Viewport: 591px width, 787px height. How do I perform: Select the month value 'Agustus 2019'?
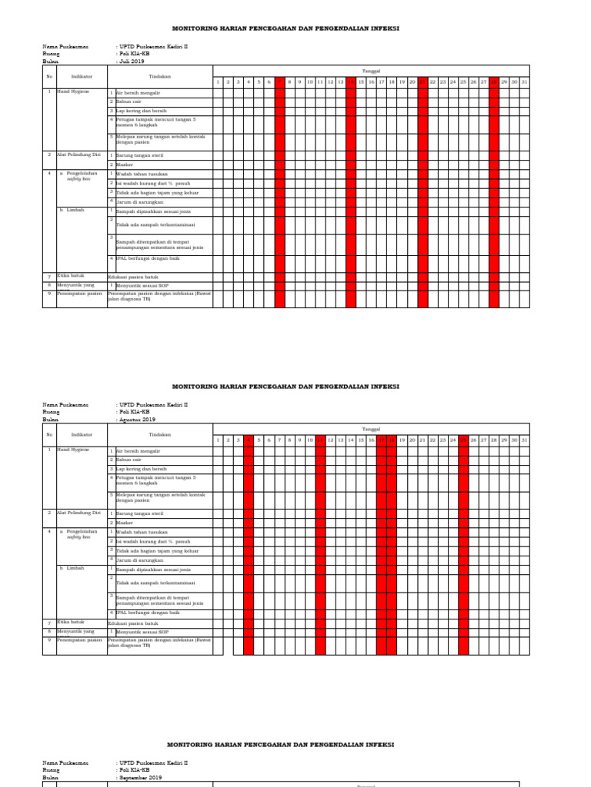pos(137,420)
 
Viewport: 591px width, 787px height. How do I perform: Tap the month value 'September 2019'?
pos(140,777)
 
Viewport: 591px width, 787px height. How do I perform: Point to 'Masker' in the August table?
pos(125,523)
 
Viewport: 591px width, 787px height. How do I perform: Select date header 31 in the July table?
pos(525,81)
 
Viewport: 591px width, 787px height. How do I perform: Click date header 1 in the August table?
pos(218,440)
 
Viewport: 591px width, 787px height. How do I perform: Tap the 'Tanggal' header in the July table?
pos(371,71)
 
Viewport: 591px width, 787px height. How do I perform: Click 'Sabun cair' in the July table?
pos(129,101)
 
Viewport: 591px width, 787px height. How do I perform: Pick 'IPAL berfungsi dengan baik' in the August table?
pos(147,613)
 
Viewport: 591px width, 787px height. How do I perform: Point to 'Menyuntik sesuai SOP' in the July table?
pos(142,285)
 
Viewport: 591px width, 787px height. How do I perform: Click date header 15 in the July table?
pos(361,81)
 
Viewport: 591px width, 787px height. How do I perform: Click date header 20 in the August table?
pos(412,440)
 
